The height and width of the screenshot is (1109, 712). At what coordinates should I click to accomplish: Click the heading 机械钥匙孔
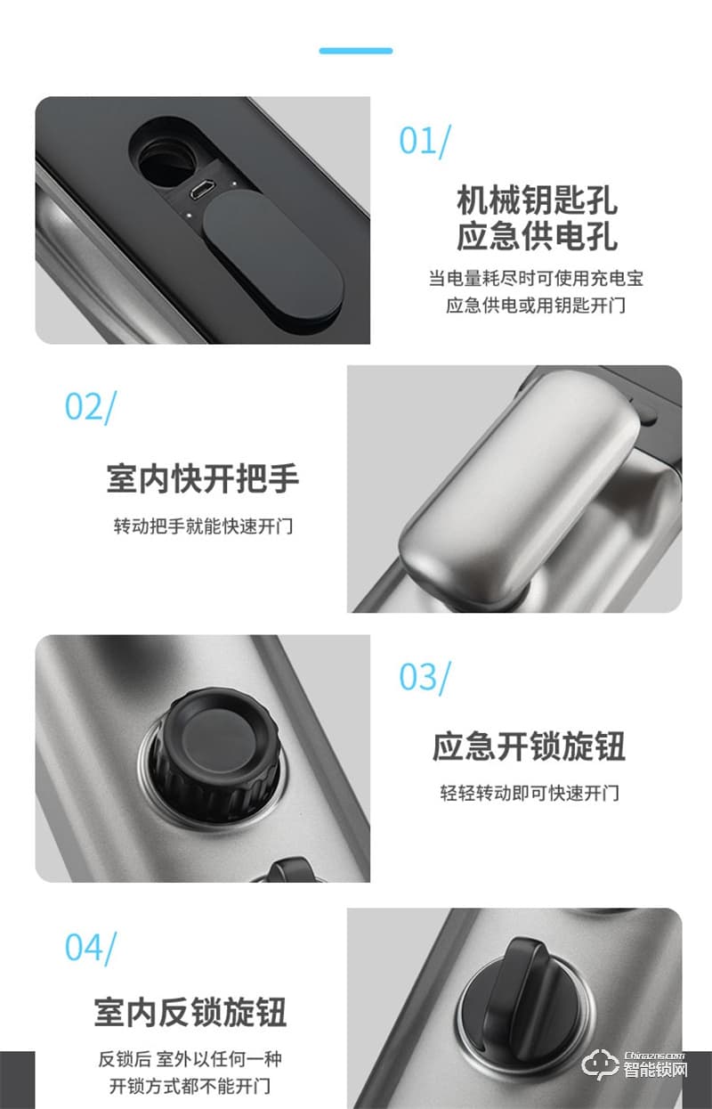point(537,200)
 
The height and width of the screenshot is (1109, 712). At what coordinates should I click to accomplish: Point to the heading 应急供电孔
point(537,237)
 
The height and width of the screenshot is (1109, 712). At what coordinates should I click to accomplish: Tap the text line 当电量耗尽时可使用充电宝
point(536,278)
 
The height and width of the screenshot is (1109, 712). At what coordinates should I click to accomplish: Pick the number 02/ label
point(90,406)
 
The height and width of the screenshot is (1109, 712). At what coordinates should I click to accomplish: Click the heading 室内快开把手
point(202,479)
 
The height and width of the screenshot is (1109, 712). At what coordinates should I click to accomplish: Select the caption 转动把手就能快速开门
point(202,526)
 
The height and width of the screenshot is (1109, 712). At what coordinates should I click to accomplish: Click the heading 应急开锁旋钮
point(529,746)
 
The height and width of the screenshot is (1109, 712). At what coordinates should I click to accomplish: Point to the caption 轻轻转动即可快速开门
point(529,793)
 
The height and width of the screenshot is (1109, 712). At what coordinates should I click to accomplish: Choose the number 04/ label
point(90,947)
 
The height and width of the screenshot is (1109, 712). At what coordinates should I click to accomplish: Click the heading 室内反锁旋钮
point(190,1013)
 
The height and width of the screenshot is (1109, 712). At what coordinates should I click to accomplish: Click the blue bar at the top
point(356,51)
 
